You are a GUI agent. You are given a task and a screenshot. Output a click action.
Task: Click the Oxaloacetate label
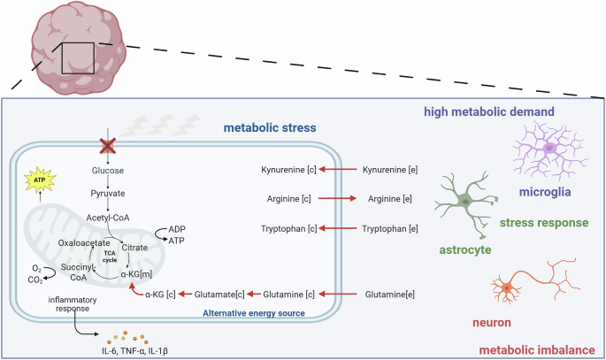pos(85,241)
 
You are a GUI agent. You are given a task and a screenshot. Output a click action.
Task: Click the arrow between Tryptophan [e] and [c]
pos(339,229)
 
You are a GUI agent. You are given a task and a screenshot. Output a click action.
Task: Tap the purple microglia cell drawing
pos(548,148)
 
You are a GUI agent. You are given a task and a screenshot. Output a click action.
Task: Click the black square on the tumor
pos(79,58)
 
